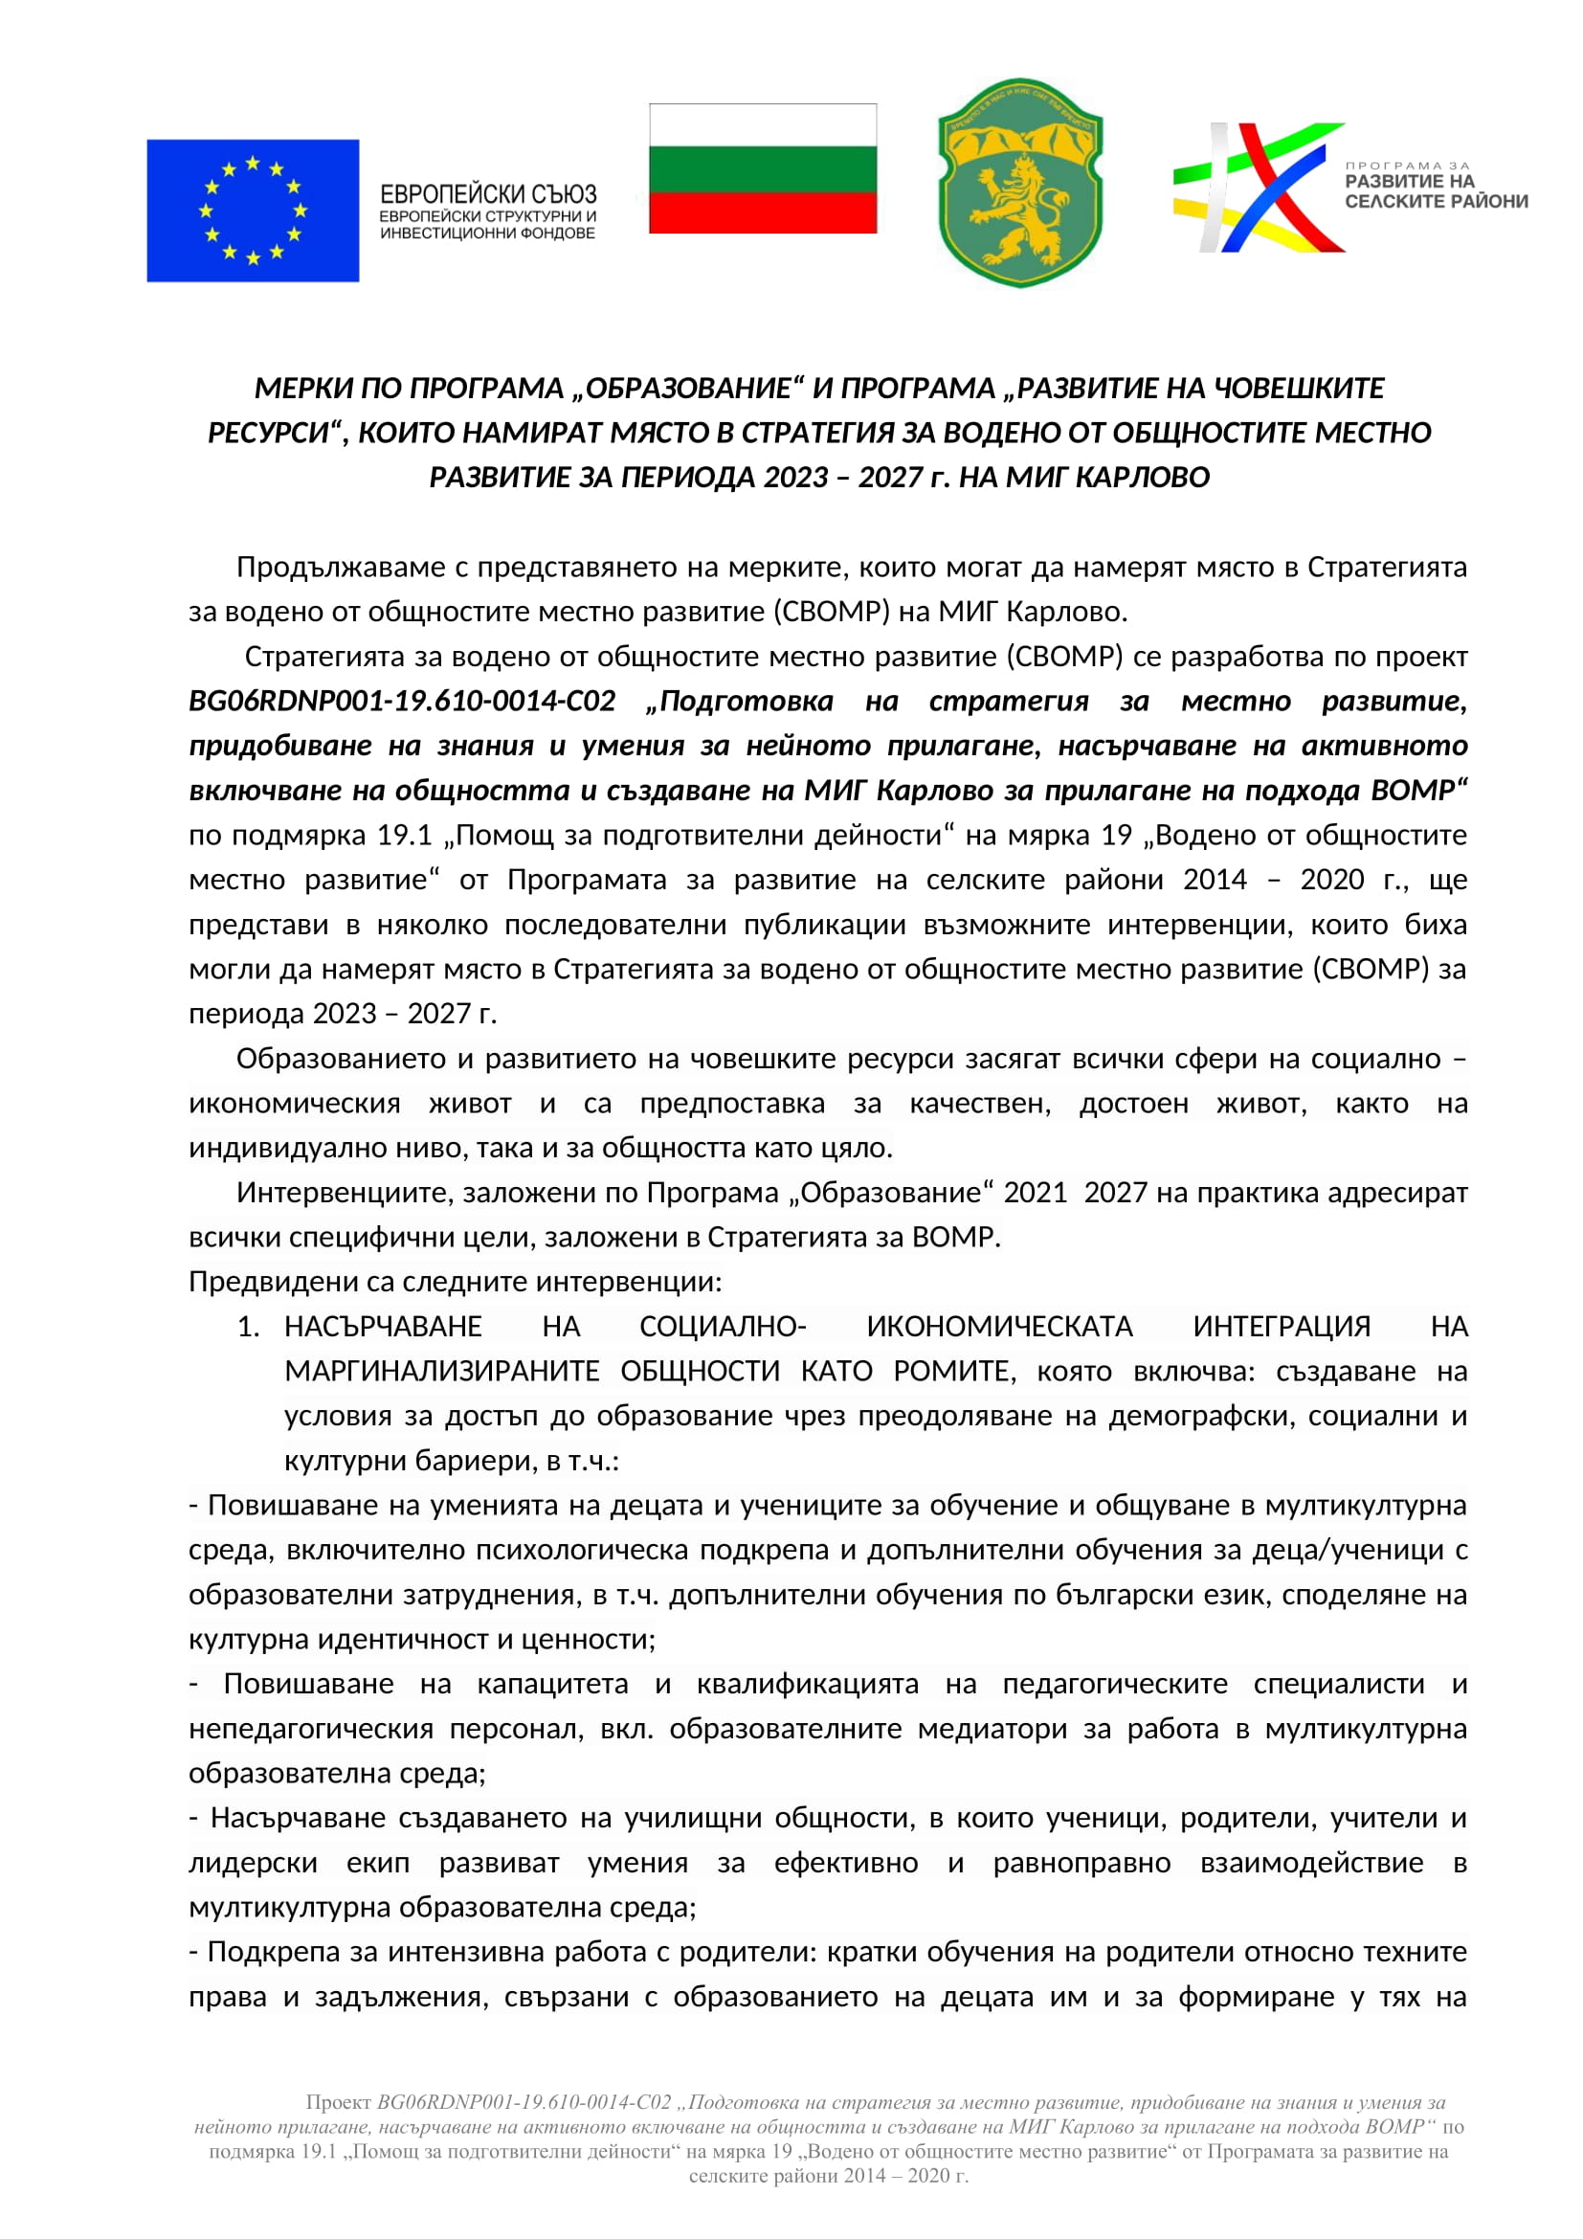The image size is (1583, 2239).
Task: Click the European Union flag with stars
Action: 253,211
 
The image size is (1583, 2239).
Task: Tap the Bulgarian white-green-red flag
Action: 762,168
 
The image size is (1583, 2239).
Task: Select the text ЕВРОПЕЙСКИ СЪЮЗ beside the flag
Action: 487,194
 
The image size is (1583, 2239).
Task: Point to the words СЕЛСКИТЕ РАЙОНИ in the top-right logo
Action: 1436,202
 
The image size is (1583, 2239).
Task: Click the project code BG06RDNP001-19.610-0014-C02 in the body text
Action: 403,701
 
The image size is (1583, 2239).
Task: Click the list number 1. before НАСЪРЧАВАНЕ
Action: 250,1326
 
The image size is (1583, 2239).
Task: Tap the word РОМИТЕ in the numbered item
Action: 953,1371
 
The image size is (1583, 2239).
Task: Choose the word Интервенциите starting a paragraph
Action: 346,1192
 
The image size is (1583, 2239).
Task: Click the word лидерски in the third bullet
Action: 254,1863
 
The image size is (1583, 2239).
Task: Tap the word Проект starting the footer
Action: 338,2102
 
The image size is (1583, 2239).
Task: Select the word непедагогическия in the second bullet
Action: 311,1728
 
